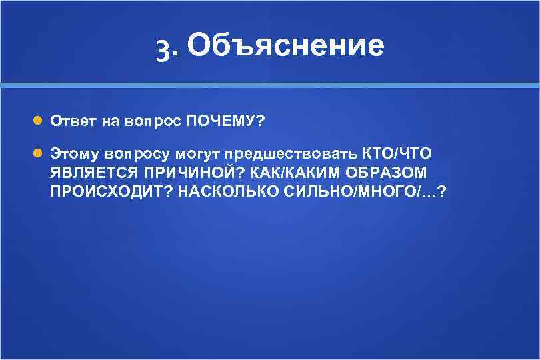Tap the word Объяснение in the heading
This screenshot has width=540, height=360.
tap(285, 45)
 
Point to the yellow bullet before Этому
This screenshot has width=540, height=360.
tap(38, 153)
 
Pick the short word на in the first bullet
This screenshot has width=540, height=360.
tap(110, 122)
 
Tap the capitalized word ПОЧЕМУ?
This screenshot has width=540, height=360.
tap(225, 122)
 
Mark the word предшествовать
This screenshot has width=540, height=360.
tap(291, 154)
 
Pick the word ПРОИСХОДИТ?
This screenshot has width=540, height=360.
tap(106, 191)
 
